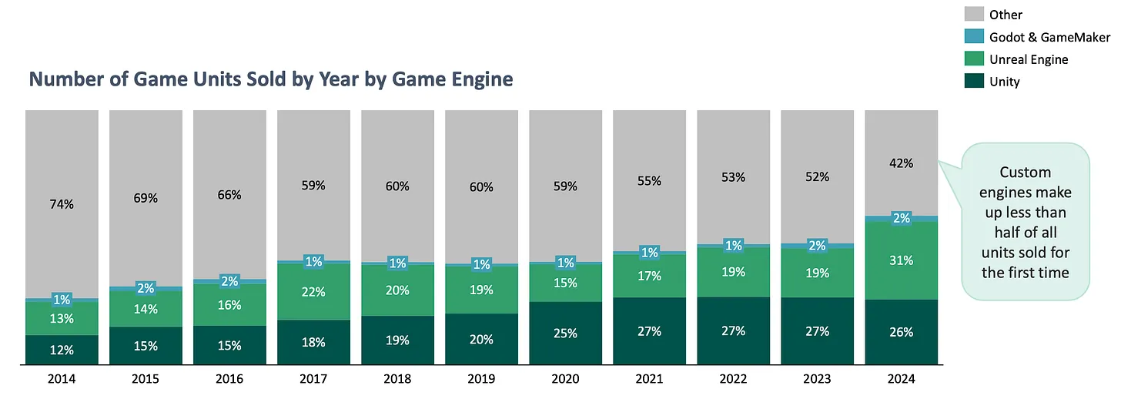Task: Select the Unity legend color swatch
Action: coord(974,81)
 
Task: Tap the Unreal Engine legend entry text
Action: coord(1029,59)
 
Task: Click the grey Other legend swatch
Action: coord(974,14)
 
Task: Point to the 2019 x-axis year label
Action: coord(481,379)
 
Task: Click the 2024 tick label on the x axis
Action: coord(902,379)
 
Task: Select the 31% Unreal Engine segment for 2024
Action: coord(902,260)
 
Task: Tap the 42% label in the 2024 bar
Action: coord(902,163)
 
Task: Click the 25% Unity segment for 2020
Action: coord(565,332)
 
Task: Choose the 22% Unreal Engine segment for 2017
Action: coord(313,292)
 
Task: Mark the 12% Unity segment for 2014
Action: coord(62,350)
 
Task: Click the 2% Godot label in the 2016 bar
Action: coord(229,281)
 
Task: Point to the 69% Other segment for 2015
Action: coord(146,199)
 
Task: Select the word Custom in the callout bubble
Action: coord(1025,172)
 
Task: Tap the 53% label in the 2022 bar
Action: coord(734,177)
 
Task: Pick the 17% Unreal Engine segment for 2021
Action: coord(649,276)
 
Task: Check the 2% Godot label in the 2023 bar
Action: coord(818,246)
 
